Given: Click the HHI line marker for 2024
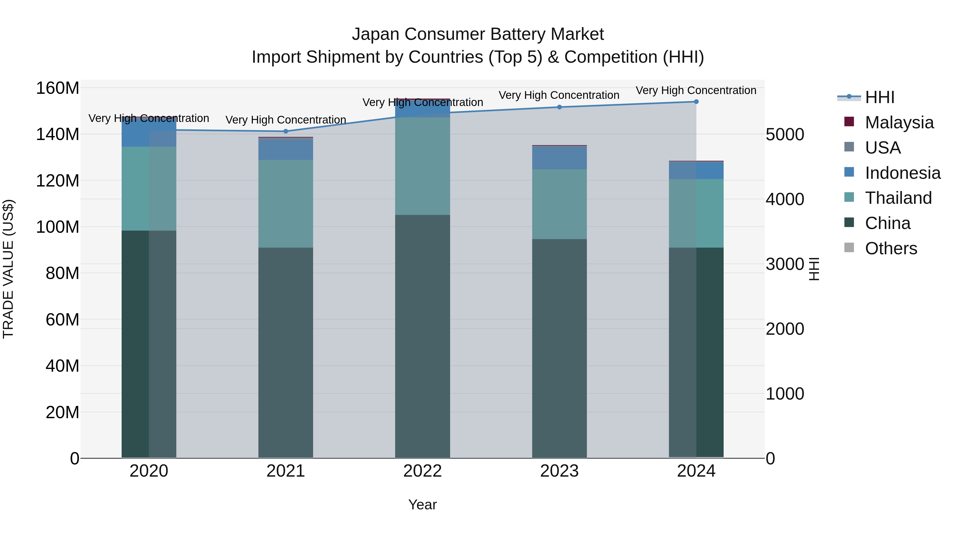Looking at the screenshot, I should (x=696, y=102).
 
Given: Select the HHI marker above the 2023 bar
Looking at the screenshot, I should (x=559, y=107).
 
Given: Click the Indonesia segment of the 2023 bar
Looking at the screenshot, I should (x=559, y=158).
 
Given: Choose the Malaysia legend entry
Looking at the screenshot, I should (x=899, y=122).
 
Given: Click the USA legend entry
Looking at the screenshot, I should (x=882, y=148).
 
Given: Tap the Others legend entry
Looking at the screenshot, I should (x=891, y=248).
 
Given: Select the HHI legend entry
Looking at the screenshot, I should (x=880, y=97).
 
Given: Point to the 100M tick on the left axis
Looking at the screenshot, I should (x=58, y=227).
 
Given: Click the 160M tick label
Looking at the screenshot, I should (x=58, y=88).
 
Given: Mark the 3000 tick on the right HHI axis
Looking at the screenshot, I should (x=784, y=264).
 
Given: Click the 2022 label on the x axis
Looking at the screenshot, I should (x=422, y=471).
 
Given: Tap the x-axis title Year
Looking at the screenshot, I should (x=422, y=505).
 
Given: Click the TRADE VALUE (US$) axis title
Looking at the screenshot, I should (x=8, y=269).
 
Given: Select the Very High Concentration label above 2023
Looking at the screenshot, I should (x=559, y=95).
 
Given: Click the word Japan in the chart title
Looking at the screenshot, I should (x=375, y=34).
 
